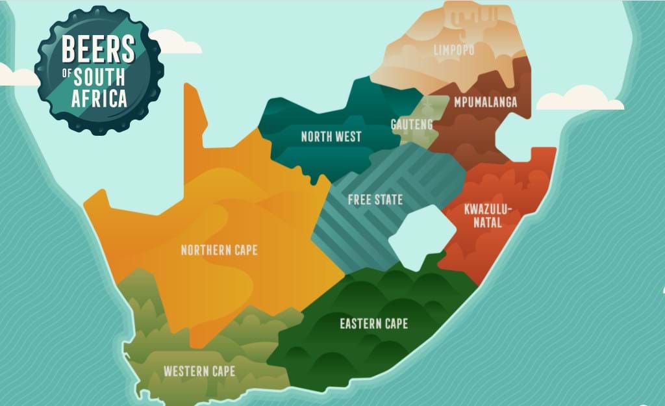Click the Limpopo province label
455,50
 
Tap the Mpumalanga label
486,102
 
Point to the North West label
331,136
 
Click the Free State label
375,199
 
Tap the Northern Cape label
219,250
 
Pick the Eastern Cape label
374,323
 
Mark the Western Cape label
199,372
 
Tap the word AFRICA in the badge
99,99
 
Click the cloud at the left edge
16,76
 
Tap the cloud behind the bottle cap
175,43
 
